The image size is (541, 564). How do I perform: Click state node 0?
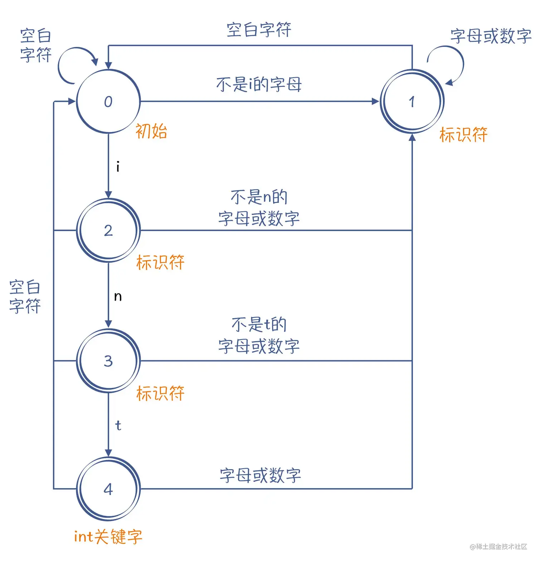point(108,102)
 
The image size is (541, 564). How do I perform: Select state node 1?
point(412,102)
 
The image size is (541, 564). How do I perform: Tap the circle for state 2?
point(108,230)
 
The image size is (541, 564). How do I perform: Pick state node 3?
point(108,361)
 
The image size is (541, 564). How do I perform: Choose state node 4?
point(108,489)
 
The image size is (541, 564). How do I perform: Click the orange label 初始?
point(151,131)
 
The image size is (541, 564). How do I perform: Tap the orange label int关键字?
point(108,537)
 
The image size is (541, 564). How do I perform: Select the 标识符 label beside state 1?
point(463,135)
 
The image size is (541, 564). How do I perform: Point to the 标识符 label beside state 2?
point(160,262)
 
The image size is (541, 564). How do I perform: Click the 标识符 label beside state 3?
point(160,393)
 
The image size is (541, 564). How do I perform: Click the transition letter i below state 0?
point(118,167)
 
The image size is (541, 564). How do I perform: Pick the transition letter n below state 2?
point(118,296)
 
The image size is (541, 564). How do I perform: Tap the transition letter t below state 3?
point(118,426)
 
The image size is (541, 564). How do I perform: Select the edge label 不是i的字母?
point(259,84)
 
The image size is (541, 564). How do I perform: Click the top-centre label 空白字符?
point(259,30)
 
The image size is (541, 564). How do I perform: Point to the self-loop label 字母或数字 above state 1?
point(491,36)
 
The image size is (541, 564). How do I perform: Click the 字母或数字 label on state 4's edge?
point(260,475)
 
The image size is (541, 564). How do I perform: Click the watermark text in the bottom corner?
point(498,546)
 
